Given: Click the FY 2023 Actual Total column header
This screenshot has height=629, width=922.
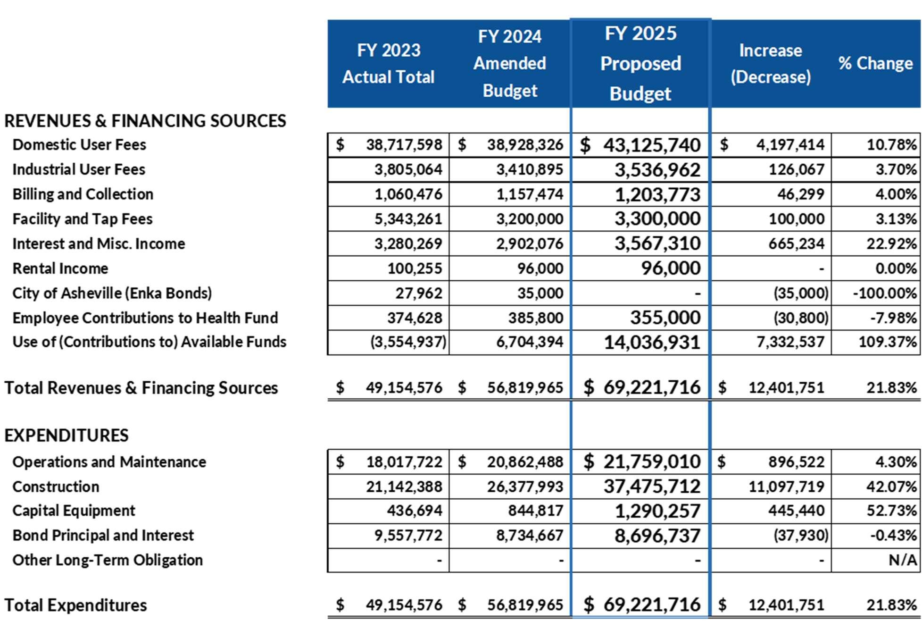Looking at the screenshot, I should (x=388, y=63).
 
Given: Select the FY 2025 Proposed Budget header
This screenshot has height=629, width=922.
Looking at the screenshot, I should (x=640, y=63).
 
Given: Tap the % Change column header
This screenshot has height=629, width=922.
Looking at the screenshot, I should (x=875, y=63).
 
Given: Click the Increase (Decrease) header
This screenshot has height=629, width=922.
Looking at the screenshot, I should (x=770, y=63).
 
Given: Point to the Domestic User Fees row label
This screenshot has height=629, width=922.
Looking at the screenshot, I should (x=79, y=144).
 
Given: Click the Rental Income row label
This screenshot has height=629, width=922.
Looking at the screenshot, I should (x=60, y=268).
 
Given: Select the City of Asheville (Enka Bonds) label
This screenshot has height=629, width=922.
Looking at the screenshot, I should (x=112, y=293).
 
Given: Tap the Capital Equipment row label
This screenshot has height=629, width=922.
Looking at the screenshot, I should (x=74, y=511).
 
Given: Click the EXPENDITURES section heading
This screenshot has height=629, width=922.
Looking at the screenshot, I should (x=66, y=435).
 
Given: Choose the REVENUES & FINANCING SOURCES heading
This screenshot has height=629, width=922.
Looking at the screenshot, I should (x=145, y=121).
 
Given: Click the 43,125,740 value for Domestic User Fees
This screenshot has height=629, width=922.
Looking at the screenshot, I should (x=652, y=145).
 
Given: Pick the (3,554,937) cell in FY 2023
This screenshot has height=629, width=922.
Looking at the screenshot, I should (x=408, y=342).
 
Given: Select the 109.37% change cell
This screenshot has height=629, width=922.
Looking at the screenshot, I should (x=887, y=342).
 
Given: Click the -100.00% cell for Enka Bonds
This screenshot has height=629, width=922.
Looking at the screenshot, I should (x=885, y=293).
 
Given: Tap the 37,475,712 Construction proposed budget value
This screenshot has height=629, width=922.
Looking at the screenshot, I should (x=652, y=486).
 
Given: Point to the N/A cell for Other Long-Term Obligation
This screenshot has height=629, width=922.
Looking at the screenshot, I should (x=902, y=560).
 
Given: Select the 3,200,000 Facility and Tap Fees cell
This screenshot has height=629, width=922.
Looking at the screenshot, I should (x=529, y=219).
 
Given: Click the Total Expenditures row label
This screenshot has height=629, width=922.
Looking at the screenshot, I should (x=75, y=605).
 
